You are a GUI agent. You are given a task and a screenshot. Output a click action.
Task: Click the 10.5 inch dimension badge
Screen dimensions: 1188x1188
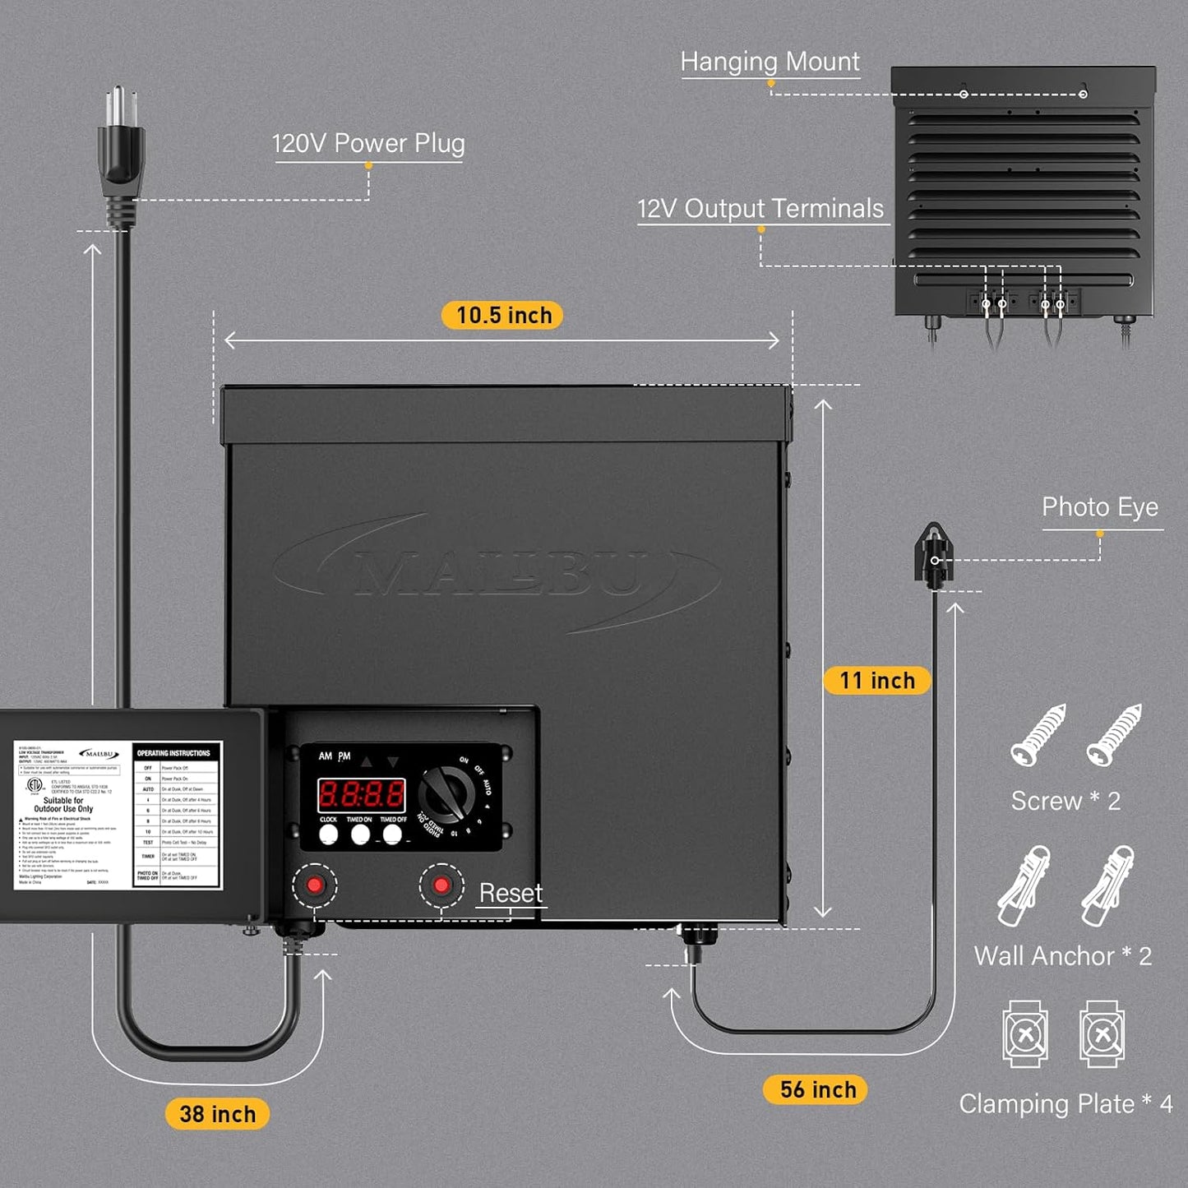502,316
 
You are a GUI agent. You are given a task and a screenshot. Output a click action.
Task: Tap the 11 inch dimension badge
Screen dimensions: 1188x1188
876,681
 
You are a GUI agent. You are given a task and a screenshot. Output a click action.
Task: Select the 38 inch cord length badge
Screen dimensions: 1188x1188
217,1114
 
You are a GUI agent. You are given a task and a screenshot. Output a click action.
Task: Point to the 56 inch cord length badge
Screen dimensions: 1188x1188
817,1089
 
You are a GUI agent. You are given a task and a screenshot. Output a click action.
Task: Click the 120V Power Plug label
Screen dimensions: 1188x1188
368,144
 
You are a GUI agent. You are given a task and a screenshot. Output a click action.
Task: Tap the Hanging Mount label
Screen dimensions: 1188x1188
770,62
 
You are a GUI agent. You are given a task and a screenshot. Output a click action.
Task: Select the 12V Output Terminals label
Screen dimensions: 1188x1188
760,209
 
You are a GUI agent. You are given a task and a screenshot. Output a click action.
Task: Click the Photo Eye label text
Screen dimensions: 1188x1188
1100,507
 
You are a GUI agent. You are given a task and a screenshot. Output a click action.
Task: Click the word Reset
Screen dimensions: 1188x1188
511,893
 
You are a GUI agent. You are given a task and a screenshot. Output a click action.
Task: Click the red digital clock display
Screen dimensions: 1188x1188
362,794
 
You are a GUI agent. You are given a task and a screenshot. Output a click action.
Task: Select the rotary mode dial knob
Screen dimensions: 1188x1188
447,796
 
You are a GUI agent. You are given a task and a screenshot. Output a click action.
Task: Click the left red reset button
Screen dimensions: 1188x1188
315,885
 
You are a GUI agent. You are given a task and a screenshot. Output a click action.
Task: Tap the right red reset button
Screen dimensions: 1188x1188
441,885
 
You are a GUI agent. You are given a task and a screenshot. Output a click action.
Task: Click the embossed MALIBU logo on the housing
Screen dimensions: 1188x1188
497,572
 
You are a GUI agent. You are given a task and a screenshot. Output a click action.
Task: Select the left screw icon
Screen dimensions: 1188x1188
1038,734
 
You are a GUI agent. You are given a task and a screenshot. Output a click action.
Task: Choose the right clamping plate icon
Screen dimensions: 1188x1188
1102,1034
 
